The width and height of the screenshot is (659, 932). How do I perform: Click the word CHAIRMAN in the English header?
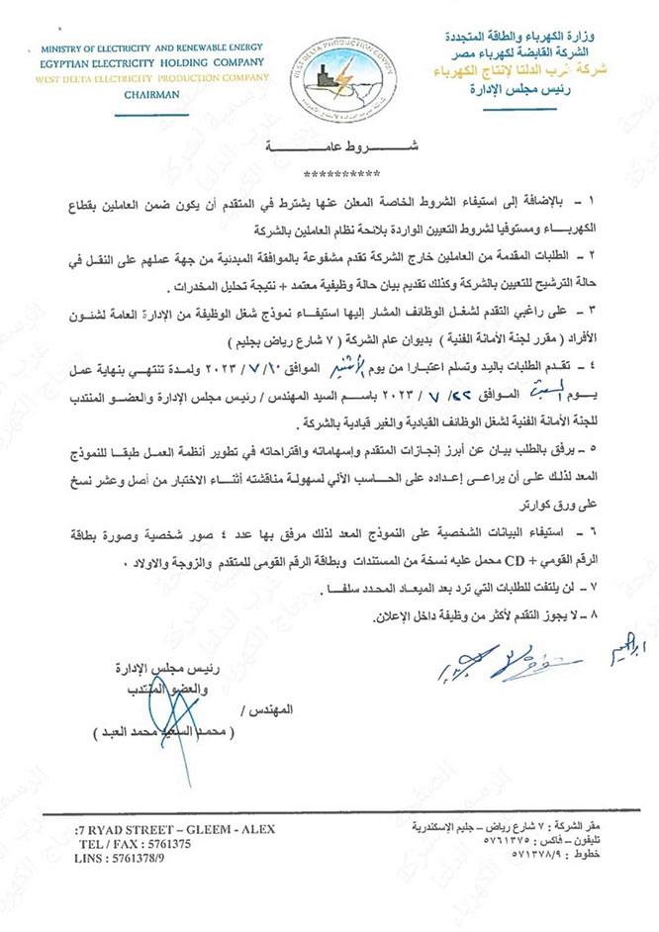tap(153, 96)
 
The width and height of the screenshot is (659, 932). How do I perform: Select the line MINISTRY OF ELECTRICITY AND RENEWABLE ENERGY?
tap(153, 47)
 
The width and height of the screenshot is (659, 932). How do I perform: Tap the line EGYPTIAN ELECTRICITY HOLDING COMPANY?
tap(153, 61)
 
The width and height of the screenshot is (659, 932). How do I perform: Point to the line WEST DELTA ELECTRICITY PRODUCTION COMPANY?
tap(153, 77)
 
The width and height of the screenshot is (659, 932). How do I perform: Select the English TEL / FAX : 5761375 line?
tap(133, 844)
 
